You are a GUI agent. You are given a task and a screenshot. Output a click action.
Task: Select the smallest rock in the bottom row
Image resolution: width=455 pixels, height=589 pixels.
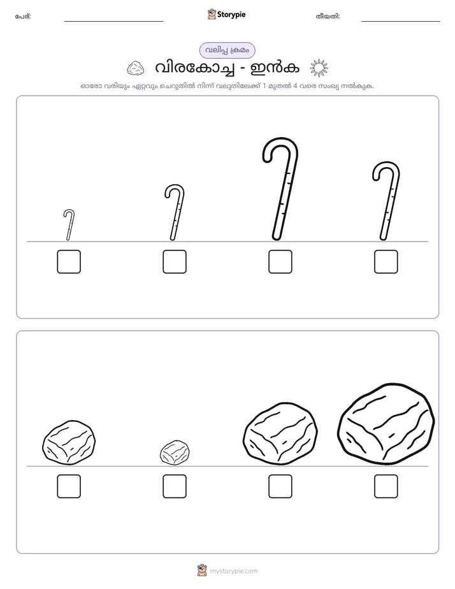175,453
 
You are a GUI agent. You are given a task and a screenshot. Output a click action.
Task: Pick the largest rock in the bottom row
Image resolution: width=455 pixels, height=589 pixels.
386,424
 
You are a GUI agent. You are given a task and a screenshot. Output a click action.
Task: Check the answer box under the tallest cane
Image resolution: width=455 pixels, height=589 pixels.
280,262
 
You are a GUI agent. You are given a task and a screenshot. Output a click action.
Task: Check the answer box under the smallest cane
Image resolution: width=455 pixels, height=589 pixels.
69,262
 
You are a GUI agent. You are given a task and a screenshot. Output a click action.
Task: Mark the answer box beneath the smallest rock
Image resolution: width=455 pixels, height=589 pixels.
175,486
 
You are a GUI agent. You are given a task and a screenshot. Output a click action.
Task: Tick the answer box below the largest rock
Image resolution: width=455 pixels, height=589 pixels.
386,486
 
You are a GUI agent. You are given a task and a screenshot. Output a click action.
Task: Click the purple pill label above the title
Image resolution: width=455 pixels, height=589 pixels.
227,50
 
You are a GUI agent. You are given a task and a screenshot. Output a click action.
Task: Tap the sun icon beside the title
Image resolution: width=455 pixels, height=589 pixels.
319,68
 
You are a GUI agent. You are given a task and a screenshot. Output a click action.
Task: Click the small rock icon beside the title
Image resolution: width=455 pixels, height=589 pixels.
136,68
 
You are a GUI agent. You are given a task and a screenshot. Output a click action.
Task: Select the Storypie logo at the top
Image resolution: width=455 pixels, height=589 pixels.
226,14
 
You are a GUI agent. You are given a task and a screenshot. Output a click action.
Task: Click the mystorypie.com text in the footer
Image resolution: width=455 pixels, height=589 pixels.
233,571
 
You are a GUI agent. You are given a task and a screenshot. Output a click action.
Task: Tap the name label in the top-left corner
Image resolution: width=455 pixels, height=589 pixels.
23,17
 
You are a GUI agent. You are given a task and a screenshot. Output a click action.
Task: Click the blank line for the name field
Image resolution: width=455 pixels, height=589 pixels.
113,22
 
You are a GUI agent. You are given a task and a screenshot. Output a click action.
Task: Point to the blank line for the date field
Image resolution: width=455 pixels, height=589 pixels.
401,22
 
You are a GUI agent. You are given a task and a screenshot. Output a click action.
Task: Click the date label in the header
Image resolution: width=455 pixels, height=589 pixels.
328,17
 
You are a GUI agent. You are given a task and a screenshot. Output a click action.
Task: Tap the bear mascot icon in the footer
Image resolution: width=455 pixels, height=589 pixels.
202,571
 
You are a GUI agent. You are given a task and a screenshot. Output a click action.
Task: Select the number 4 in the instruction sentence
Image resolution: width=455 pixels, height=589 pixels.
295,85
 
